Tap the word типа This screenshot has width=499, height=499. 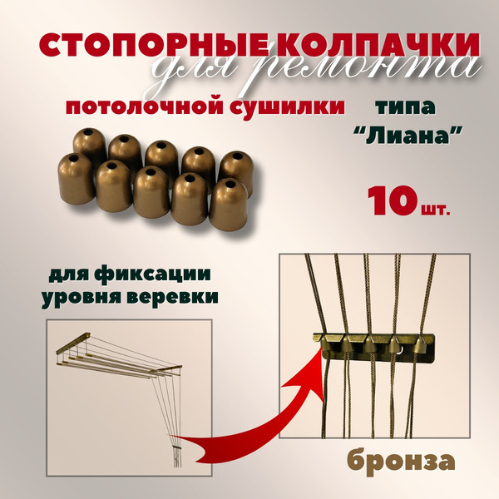(x=405, y=107)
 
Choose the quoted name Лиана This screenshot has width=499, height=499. (x=408, y=136)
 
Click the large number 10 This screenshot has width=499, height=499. (x=392, y=201)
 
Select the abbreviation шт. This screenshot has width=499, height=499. (x=433, y=209)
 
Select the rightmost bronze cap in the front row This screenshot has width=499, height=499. (x=228, y=205)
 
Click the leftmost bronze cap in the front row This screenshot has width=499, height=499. (x=76, y=179)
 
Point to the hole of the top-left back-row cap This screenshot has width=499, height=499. (x=89, y=131)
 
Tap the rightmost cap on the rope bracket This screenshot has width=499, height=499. (x=422, y=344)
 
